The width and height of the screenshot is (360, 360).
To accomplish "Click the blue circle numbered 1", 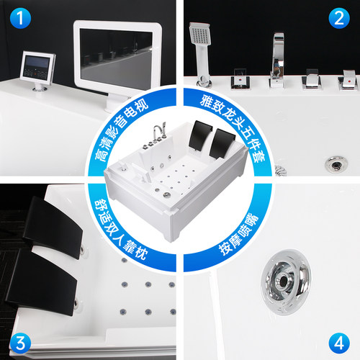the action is (20, 18).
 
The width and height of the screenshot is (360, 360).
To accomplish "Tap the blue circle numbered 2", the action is (339, 18).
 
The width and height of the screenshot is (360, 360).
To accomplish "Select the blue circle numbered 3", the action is (20, 343).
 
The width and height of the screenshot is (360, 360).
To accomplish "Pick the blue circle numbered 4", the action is (339, 343).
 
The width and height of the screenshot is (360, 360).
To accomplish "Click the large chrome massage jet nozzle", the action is (286, 282).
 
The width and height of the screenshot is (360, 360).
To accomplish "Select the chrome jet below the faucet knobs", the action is (336, 164).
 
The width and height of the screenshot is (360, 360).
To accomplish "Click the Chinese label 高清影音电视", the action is (121, 132).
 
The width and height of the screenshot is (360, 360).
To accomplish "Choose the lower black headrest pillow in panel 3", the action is (42, 282).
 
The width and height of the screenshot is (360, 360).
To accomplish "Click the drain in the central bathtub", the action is (167, 194).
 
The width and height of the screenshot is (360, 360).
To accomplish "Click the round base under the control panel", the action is (40, 89).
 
